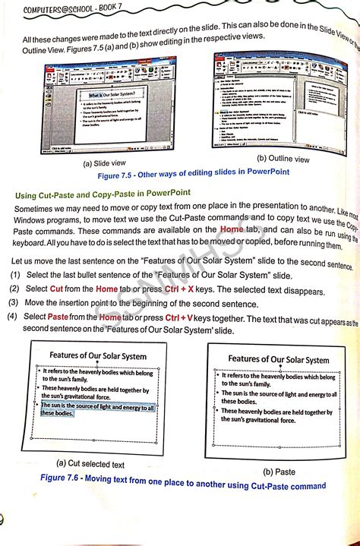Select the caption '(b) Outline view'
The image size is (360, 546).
coord(283,159)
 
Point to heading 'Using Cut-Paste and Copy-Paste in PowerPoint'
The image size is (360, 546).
coord(103,194)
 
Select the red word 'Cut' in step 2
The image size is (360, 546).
coord(56,290)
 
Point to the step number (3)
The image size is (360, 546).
coord(14,304)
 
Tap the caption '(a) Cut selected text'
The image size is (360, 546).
coord(90,463)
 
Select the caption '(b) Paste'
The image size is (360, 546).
coord(279,471)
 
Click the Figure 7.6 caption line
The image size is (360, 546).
coord(182,484)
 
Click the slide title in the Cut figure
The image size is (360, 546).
coord(97,355)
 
